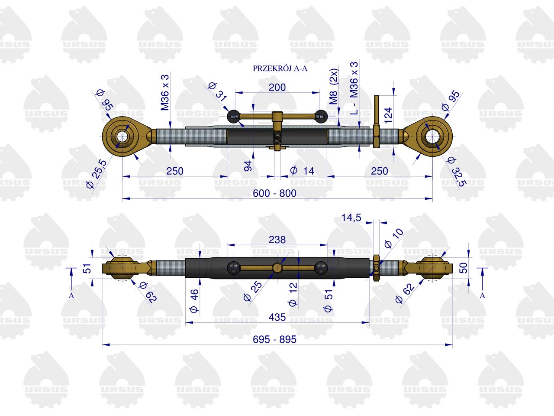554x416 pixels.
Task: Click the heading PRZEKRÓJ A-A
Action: click(280, 68)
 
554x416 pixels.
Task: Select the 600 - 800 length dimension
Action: click(274, 193)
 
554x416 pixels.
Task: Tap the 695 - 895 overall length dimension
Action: click(274, 339)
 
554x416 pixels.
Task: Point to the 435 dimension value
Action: click(277, 317)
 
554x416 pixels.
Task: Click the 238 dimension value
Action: click(277, 240)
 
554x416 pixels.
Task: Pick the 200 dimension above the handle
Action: click(277, 88)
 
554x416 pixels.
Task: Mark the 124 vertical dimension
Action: click(388, 115)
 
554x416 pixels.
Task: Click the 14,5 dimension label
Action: click(351, 218)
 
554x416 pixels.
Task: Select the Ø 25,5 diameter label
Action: click(97, 175)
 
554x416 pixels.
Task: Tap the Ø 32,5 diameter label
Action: click(456, 171)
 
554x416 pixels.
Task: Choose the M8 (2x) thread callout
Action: click(334, 86)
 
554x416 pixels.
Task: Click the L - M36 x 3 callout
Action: click(354, 88)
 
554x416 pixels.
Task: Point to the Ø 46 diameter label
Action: click(194, 301)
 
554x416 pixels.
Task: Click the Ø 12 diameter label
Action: click(293, 295)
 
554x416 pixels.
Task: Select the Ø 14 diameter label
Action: click(302, 171)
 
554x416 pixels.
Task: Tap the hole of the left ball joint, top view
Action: click(122, 136)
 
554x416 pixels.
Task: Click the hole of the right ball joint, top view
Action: click(433, 136)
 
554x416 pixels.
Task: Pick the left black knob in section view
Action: click(233, 117)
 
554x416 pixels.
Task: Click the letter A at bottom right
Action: click(482, 296)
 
